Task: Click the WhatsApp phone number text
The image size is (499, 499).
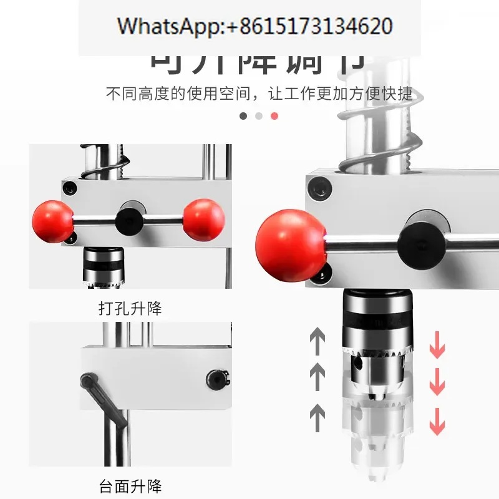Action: pyautogui.click(x=255, y=26)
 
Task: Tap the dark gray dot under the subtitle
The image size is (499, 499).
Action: pyautogui.click(x=243, y=116)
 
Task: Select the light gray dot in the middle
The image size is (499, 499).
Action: pyautogui.click(x=259, y=116)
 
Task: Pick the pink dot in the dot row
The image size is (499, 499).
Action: pyautogui.click(x=274, y=116)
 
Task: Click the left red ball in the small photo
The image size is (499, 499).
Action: pyautogui.click(x=53, y=221)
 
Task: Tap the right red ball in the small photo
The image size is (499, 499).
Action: pyautogui.click(x=204, y=220)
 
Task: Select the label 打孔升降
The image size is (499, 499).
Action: pyautogui.click(x=130, y=308)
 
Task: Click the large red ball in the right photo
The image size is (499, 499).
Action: pyautogui.click(x=291, y=245)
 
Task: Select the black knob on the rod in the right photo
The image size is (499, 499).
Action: pyautogui.click(x=420, y=240)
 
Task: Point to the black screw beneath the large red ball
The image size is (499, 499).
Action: pyautogui.click(x=322, y=273)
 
